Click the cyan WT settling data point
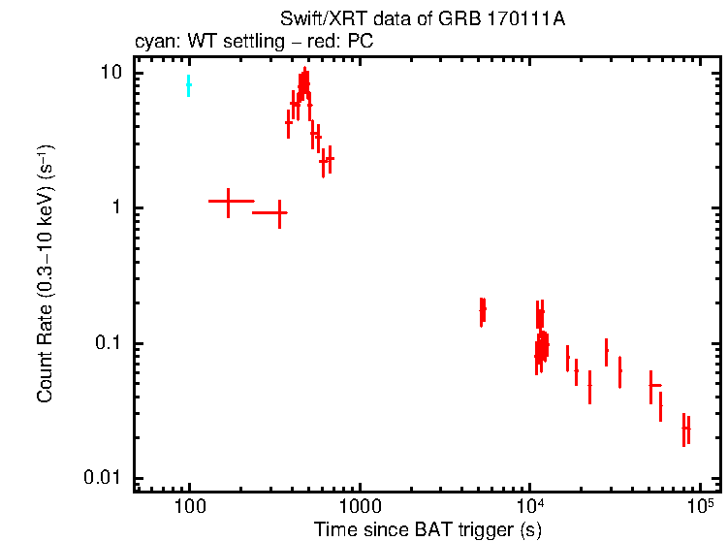click(x=189, y=85)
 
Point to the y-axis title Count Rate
click(x=45, y=275)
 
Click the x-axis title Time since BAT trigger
click(x=427, y=529)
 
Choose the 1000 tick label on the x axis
click(x=360, y=505)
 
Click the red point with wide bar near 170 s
click(x=229, y=201)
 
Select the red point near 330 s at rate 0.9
click(x=279, y=212)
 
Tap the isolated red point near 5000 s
click(x=482, y=310)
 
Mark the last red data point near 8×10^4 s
click(x=686, y=428)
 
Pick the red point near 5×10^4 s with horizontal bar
click(x=652, y=386)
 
